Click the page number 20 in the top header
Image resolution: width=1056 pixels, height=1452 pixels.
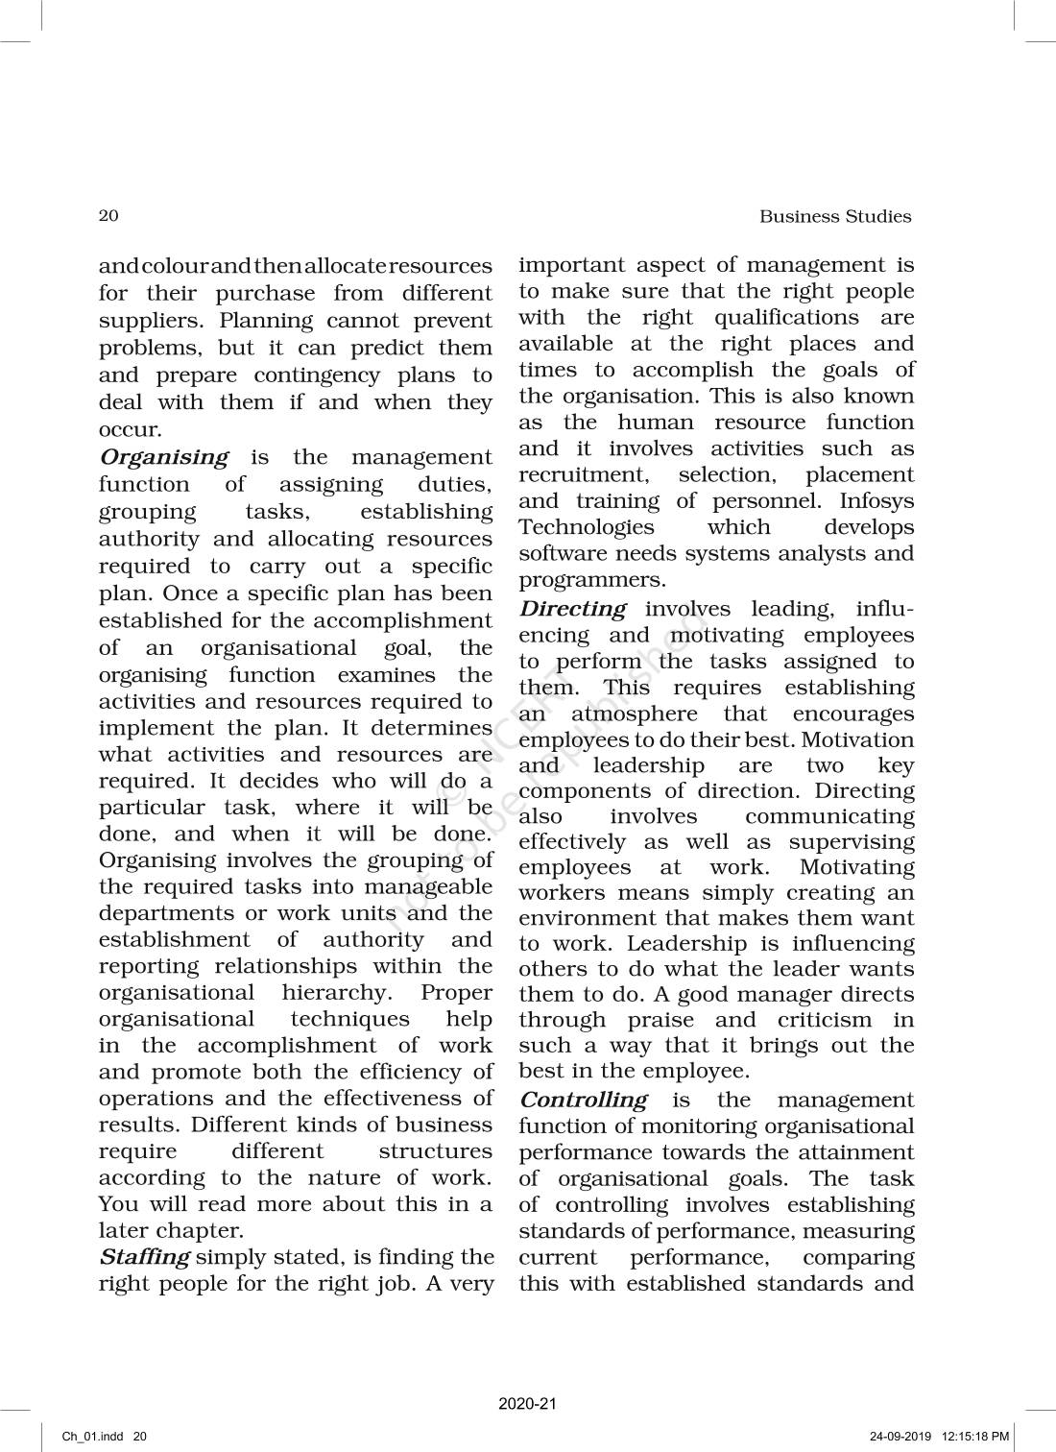click(108, 215)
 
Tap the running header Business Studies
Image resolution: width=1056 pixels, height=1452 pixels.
click(835, 216)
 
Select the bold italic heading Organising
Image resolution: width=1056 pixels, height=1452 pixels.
click(164, 457)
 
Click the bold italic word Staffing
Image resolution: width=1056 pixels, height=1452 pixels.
click(145, 1256)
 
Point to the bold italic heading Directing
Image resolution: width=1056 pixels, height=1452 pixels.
click(573, 609)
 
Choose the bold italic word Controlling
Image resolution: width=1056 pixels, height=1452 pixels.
click(584, 1100)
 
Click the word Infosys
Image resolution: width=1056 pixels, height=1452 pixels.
click(876, 501)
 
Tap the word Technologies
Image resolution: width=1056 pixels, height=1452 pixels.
click(587, 527)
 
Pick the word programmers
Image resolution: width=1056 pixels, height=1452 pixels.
click(591, 580)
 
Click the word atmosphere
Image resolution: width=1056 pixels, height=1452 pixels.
click(635, 714)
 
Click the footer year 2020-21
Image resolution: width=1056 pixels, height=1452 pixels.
click(527, 1404)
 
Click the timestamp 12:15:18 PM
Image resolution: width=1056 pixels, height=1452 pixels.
click(974, 1437)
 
